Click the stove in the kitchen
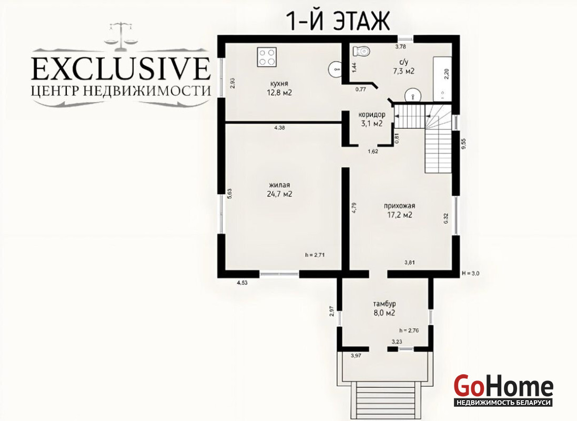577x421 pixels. point(267,57)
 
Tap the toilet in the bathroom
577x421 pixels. point(361,51)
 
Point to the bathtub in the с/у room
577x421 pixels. point(442,79)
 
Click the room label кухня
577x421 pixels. point(279,84)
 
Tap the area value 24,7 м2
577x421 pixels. point(280,194)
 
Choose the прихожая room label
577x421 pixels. point(399,206)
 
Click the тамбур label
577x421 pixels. point(384,304)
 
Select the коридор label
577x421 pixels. point(372,115)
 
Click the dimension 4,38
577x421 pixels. point(280,128)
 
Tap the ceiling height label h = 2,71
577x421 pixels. point(315,255)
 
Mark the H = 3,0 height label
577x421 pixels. point(470,273)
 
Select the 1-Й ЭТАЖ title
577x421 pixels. point(338,21)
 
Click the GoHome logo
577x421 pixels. point(503,390)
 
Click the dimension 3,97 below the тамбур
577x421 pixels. point(357,355)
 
